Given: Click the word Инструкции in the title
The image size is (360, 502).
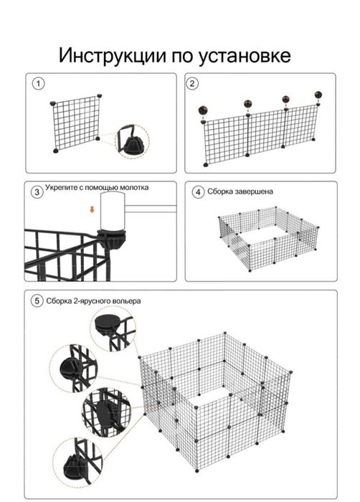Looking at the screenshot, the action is coord(113,56).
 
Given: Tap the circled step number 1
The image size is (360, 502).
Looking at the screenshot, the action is coord(39,84).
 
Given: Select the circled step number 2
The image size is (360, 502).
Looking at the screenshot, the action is coord(192,84).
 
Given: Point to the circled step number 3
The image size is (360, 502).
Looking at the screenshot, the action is coord(37,192).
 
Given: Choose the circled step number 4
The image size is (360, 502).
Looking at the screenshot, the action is coord(198,192).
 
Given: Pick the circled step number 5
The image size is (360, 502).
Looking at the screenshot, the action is coord(37,301).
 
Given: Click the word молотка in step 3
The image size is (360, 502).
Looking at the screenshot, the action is coord(134,188).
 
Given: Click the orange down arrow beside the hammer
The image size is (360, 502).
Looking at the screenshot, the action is coord(93,209).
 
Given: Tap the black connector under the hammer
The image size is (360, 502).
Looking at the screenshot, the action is coord(112,239).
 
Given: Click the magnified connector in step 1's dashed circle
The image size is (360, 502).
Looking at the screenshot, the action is coord(132,141).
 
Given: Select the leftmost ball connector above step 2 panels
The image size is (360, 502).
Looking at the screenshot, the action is coord(204,110).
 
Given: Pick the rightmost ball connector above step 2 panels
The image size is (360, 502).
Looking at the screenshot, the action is coord(318,95).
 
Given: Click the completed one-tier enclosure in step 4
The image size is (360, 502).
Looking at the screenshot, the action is coord(269,239).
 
